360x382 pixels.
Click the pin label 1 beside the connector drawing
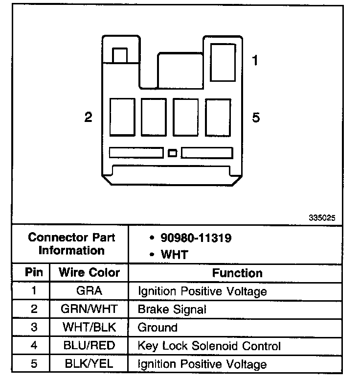point(255,61)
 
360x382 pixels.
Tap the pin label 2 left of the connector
point(88,118)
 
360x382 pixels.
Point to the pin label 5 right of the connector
point(255,118)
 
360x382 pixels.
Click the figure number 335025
point(322,218)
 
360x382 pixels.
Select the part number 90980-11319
point(196,239)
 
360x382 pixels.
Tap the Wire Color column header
point(89,273)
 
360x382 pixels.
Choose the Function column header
point(237,273)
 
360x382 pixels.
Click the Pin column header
point(34,272)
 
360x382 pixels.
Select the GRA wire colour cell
point(89,291)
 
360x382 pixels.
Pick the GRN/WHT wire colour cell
point(89,309)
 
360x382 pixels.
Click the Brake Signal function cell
point(172,309)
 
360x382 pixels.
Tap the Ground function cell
point(157,327)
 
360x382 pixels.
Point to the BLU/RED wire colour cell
point(89,346)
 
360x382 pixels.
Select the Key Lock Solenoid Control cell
point(209,346)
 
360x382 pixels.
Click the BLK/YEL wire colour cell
point(89,364)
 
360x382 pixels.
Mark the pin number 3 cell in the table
point(34,327)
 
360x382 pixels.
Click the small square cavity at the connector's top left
point(120,55)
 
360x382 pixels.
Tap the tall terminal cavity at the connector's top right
point(222,62)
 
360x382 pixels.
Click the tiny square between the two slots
point(172,153)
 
